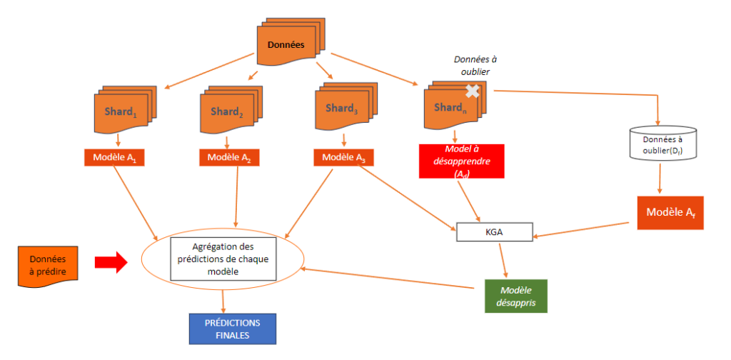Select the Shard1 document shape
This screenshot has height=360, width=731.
123,111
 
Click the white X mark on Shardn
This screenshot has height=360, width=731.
472,91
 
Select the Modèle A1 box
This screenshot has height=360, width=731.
114,157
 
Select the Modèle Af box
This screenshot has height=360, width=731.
670,213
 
